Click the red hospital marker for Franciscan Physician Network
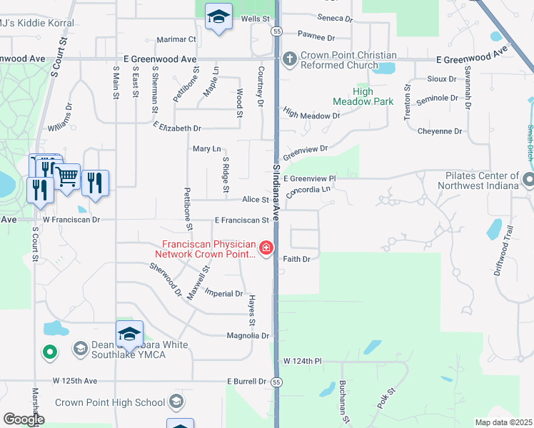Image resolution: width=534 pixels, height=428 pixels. click(266, 248)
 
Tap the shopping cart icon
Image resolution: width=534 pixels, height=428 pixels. click(66, 175)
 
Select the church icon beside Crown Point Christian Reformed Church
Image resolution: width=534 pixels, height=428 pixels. click(290, 58)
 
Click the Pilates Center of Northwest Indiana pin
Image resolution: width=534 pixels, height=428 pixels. click(528, 180)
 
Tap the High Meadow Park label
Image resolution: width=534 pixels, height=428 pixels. click(373, 96)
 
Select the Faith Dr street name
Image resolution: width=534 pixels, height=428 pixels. click(296, 259)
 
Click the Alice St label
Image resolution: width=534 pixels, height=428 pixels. click(255, 200)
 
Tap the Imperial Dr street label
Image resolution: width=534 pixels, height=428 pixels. click(223, 293)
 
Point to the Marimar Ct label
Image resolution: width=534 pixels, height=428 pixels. click(177, 39)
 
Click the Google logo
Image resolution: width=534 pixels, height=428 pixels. click(23, 419)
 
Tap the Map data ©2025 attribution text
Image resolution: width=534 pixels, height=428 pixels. click(503, 422)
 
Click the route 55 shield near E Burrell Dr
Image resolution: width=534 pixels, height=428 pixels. click(276, 382)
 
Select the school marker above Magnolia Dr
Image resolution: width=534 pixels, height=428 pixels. click(129, 334)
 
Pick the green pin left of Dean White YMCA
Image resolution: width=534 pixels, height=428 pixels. click(49, 351)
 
